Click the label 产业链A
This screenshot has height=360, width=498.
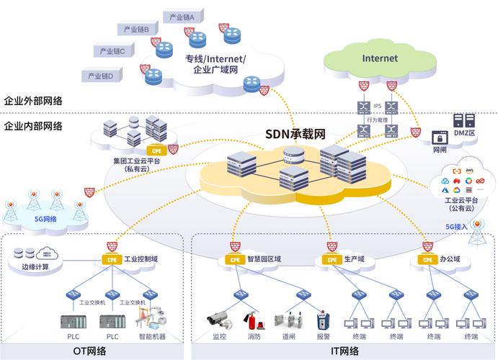coord(184,17)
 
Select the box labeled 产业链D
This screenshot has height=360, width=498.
coord(100,75)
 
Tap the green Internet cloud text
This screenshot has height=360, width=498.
coord(380,58)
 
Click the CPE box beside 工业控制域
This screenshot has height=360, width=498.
coord(111,259)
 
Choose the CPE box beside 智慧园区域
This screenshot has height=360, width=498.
coord(234,259)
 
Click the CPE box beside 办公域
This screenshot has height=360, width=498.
coord(426,259)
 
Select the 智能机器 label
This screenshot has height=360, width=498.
coord(151,336)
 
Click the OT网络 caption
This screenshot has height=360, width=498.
coord(89,351)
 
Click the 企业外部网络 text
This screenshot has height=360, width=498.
coord(32,101)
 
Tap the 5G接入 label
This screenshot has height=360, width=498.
coord(456,226)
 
